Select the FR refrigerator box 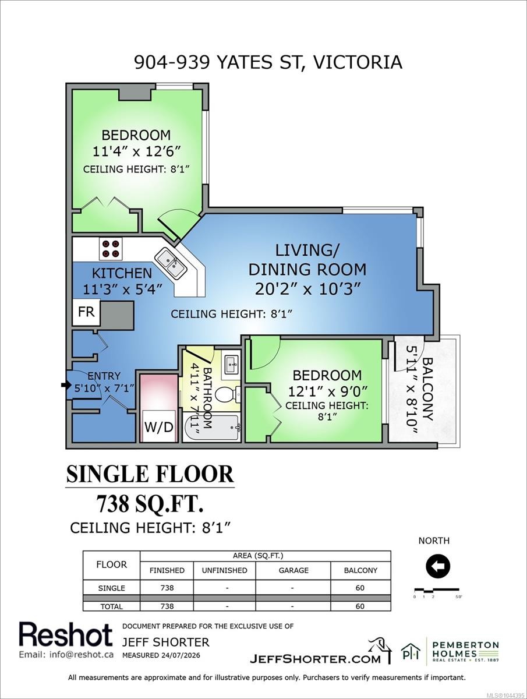(x=86, y=312)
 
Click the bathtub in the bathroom (x=211, y=428)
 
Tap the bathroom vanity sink (x=232, y=363)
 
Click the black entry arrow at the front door (x=66, y=385)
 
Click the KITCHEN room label (x=122, y=274)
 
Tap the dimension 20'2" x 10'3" (x=308, y=289)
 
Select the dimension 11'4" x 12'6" (x=137, y=151)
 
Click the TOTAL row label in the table (x=111, y=606)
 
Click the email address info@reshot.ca (x=66, y=655)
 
